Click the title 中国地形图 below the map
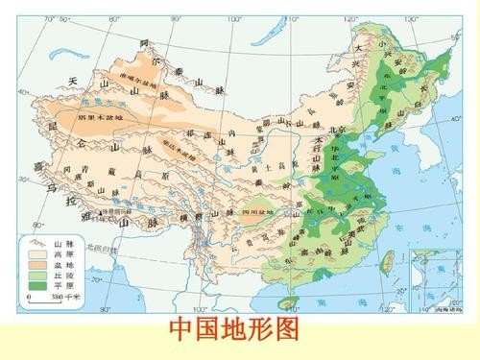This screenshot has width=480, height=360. [234, 331]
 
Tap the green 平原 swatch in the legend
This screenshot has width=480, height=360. [40, 285]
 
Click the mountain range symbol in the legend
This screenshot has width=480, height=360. [40, 243]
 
